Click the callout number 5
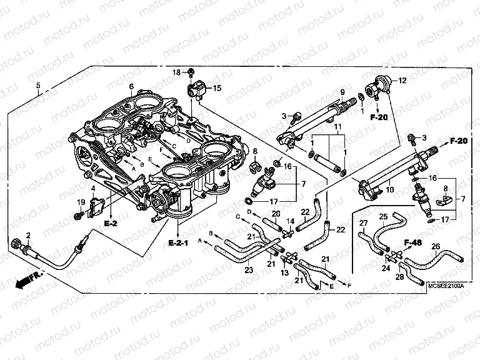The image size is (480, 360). click(x=38, y=85)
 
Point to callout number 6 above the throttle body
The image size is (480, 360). click(x=131, y=86)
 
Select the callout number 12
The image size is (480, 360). click(x=402, y=81)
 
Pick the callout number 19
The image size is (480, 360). click(x=80, y=201)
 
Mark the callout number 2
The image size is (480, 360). click(x=28, y=235)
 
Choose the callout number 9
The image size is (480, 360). click(x=342, y=93)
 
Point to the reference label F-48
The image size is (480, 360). click(x=413, y=242)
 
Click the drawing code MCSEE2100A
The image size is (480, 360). click(x=446, y=285)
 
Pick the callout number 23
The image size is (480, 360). click(x=248, y=271)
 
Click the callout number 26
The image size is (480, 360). click(x=436, y=246)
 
